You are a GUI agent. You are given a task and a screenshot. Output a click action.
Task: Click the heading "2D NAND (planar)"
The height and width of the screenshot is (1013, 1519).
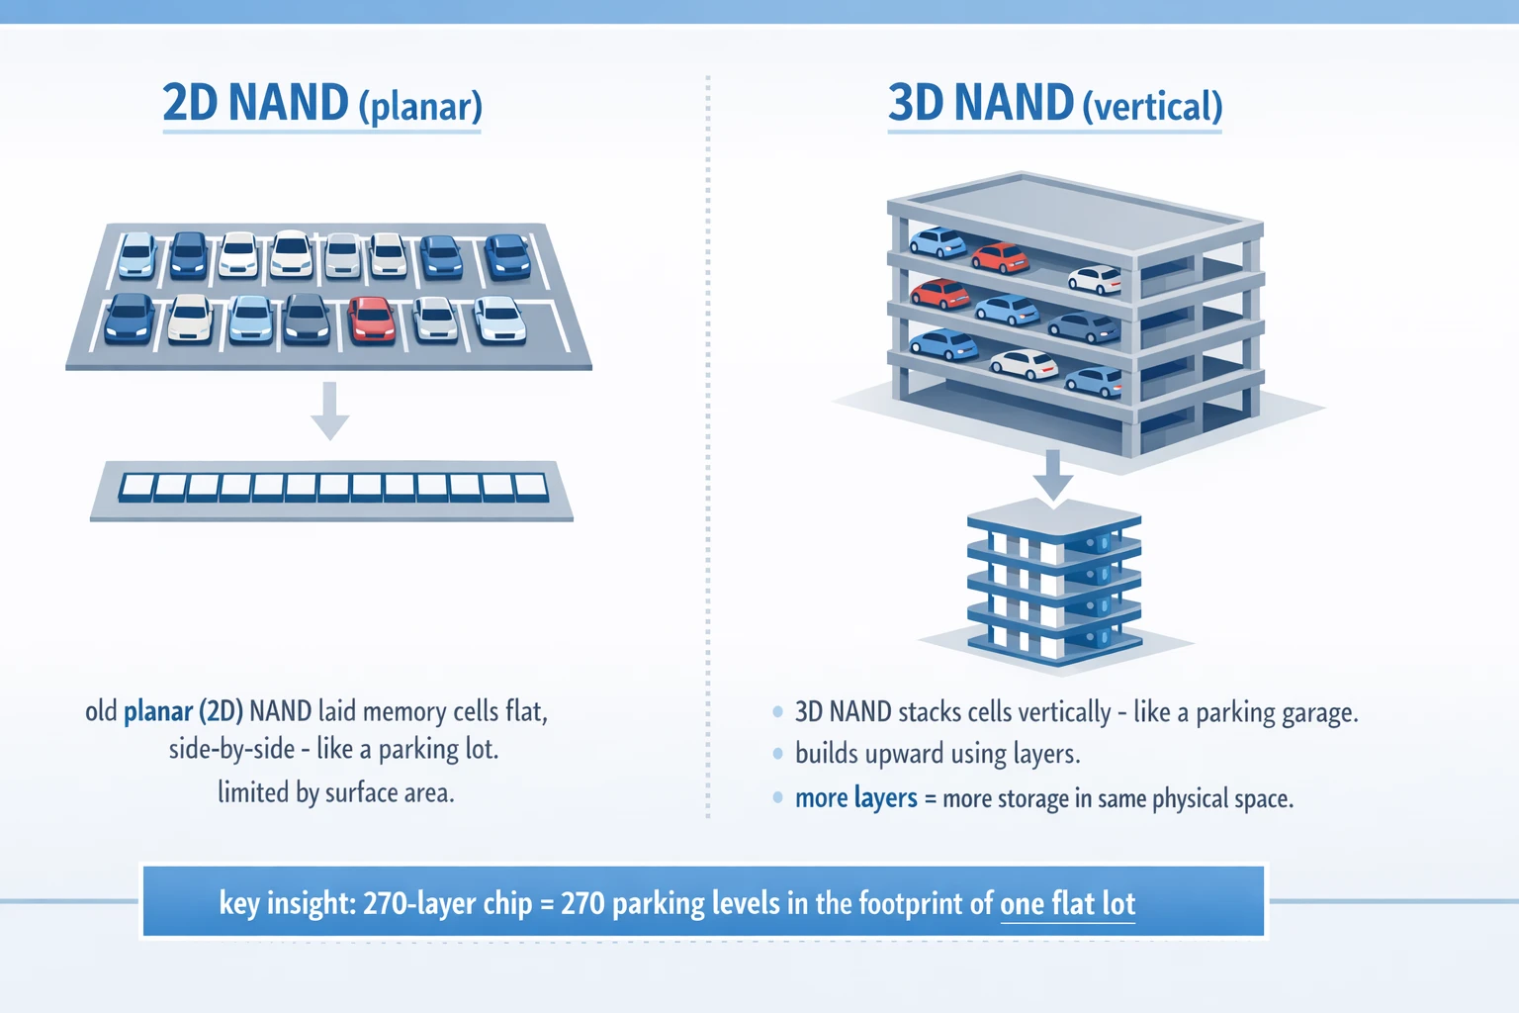(321, 104)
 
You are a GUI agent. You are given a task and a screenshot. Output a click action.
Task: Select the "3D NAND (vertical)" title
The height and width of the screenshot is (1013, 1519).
(1054, 104)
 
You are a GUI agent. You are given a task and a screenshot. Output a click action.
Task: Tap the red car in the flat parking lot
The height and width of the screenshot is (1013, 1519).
(372, 320)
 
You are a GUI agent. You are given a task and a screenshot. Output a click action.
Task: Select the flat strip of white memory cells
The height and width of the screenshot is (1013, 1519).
(332, 488)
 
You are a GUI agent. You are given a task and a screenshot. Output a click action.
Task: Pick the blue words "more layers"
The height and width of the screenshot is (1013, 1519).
(855, 798)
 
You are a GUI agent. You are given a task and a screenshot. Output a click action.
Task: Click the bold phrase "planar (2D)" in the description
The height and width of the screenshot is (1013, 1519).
(183, 711)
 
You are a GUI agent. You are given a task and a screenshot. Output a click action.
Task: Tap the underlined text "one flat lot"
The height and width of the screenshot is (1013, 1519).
(1067, 903)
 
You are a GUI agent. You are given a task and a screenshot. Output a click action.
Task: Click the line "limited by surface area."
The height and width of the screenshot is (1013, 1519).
(335, 792)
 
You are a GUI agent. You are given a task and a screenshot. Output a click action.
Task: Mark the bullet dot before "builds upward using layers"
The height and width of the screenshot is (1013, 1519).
(778, 754)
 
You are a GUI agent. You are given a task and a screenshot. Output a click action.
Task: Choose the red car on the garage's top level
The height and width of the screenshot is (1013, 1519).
(999, 258)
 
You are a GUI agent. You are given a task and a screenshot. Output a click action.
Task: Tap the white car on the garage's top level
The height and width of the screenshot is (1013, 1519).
(1095, 280)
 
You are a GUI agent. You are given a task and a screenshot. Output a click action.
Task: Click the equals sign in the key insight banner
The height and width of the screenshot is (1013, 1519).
(547, 904)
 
